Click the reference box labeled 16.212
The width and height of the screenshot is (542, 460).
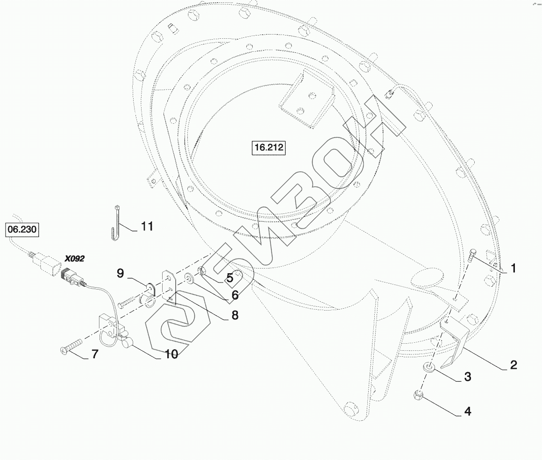269,148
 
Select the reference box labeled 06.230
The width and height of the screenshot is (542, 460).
22,229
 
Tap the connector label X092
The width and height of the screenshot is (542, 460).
75,259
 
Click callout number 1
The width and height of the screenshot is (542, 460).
513,268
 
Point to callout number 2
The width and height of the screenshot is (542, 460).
513,365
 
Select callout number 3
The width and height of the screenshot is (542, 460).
468,376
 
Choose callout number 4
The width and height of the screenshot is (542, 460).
467,411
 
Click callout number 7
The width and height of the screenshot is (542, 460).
95,354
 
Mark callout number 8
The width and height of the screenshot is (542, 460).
235,315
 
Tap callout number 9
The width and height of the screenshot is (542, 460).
120,273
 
